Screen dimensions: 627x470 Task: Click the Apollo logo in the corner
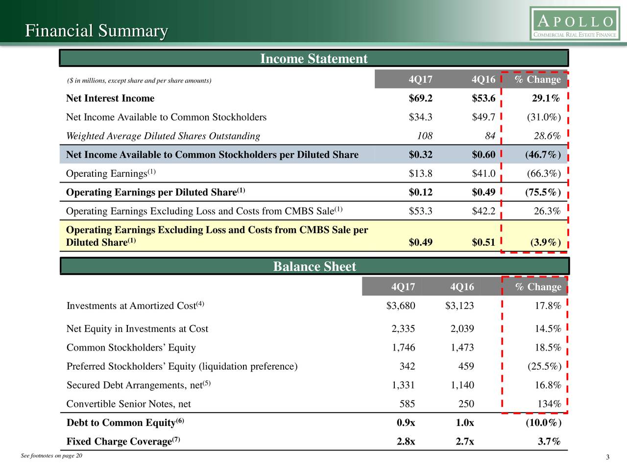[575, 23]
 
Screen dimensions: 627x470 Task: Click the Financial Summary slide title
[96, 30]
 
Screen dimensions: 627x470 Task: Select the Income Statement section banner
[313, 58]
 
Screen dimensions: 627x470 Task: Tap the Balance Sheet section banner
[314, 266]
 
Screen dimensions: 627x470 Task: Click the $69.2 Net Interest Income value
[420, 98]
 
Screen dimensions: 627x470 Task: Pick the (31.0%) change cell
[544, 117]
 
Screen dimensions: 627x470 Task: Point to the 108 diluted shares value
[425, 136]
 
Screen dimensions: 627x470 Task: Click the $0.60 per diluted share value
[483, 154]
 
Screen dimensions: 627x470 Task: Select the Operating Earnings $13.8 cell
[420, 173]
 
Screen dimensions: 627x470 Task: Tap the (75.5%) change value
[543, 192]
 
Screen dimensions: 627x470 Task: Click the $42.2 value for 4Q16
[483, 211]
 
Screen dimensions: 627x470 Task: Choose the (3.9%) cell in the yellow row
[546, 242]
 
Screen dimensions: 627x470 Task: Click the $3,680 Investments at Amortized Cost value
[401, 305]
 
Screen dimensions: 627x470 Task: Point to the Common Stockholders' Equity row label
[131, 347]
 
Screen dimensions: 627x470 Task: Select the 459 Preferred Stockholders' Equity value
[466, 366]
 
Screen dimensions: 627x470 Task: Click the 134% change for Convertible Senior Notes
[549, 404]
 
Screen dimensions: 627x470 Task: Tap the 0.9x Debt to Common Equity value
[406, 423]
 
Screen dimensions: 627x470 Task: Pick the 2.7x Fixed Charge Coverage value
[465, 442]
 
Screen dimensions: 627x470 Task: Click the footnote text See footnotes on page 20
[51, 456]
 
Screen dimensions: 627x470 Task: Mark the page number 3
[607, 457]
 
